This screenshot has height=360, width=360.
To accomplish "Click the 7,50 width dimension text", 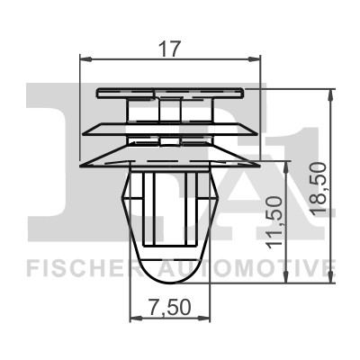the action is [169, 307].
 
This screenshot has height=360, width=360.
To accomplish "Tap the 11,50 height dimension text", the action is [274, 222].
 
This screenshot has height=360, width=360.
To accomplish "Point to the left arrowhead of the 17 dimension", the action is [85, 59].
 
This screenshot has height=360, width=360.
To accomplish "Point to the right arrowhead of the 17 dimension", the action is [255, 59].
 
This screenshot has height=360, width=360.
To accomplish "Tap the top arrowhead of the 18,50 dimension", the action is [330, 95].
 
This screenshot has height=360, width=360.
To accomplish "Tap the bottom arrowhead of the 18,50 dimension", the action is [330, 277].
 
